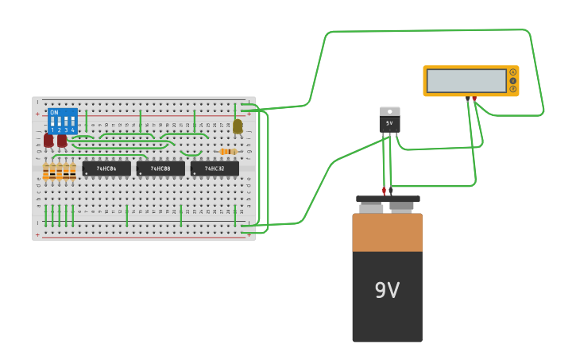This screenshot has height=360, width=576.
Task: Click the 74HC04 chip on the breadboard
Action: [106, 168]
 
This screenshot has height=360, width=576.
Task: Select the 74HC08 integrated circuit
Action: [160, 168]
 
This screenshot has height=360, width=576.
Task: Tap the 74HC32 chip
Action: [215, 168]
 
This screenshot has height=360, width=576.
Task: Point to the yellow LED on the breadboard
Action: [238, 126]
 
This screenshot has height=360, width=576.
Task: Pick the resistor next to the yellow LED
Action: [228, 151]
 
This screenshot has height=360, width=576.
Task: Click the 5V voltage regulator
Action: [389, 123]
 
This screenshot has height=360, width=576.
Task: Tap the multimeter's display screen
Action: [466, 81]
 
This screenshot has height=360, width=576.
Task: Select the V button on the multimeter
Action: [513, 80]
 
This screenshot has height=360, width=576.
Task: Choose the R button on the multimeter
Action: [513, 89]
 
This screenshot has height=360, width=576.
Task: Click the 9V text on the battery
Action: [387, 291]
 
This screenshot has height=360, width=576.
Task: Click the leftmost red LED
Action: [48, 141]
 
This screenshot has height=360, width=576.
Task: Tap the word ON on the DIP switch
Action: [54, 113]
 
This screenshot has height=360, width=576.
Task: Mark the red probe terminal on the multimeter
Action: [474, 99]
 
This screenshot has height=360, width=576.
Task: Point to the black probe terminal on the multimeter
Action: [467, 99]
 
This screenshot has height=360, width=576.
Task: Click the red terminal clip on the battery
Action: [384, 192]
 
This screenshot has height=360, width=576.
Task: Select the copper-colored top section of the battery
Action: [387, 232]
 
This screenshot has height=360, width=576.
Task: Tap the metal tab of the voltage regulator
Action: [389, 111]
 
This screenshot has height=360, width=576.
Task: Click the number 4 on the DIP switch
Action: [73, 130]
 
